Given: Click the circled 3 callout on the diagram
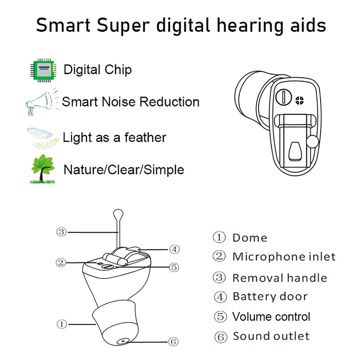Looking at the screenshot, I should click(62, 232).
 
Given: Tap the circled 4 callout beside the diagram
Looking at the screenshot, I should click(174, 249).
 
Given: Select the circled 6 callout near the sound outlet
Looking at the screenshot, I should click(173, 341).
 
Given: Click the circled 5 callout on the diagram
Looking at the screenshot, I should click(174, 267).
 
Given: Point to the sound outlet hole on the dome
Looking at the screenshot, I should click(122, 341).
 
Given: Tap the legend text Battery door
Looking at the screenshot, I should click(270, 296).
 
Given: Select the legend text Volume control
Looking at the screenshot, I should click(271, 316).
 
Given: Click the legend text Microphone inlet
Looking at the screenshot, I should click(284, 257).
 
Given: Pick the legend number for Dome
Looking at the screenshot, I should click(219, 237).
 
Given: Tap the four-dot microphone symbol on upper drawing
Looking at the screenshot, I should click(300, 100).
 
